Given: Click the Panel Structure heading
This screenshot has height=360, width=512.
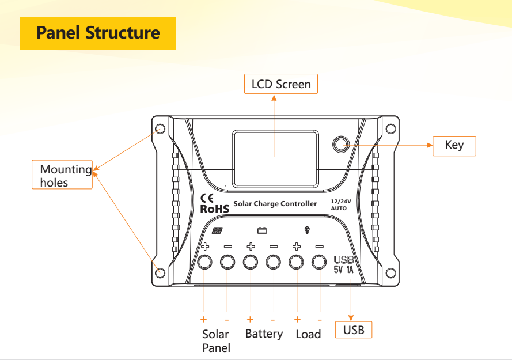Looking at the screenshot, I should [x=98, y=32].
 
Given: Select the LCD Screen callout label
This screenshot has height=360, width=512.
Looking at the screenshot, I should [x=281, y=84].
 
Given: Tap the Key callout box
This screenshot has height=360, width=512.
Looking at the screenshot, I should [x=454, y=145].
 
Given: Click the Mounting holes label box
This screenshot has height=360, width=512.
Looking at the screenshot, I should [x=62, y=176].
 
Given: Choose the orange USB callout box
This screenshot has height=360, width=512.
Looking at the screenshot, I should [x=354, y=330].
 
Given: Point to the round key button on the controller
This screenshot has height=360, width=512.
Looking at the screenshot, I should [x=341, y=143].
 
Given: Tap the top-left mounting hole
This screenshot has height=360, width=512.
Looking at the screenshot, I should [x=161, y=128].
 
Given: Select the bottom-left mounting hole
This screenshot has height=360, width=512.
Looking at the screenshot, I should [x=161, y=272].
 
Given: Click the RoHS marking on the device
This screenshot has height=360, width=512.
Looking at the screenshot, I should [x=214, y=209].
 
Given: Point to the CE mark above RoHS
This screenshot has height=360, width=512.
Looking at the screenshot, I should [x=207, y=198].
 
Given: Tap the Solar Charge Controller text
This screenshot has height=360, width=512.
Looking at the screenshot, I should [x=275, y=204].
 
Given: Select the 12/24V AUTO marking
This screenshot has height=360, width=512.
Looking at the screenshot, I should [x=341, y=204].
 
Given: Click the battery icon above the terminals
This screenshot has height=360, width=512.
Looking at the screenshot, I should [x=262, y=230].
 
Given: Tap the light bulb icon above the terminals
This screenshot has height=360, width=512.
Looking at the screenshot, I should [x=307, y=230].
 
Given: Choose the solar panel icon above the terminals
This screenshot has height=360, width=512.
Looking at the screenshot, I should [x=217, y=231].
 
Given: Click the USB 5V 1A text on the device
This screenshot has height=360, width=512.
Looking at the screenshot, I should [x=344, y=264].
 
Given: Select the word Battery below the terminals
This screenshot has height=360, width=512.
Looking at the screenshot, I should [x=264, y=334].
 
